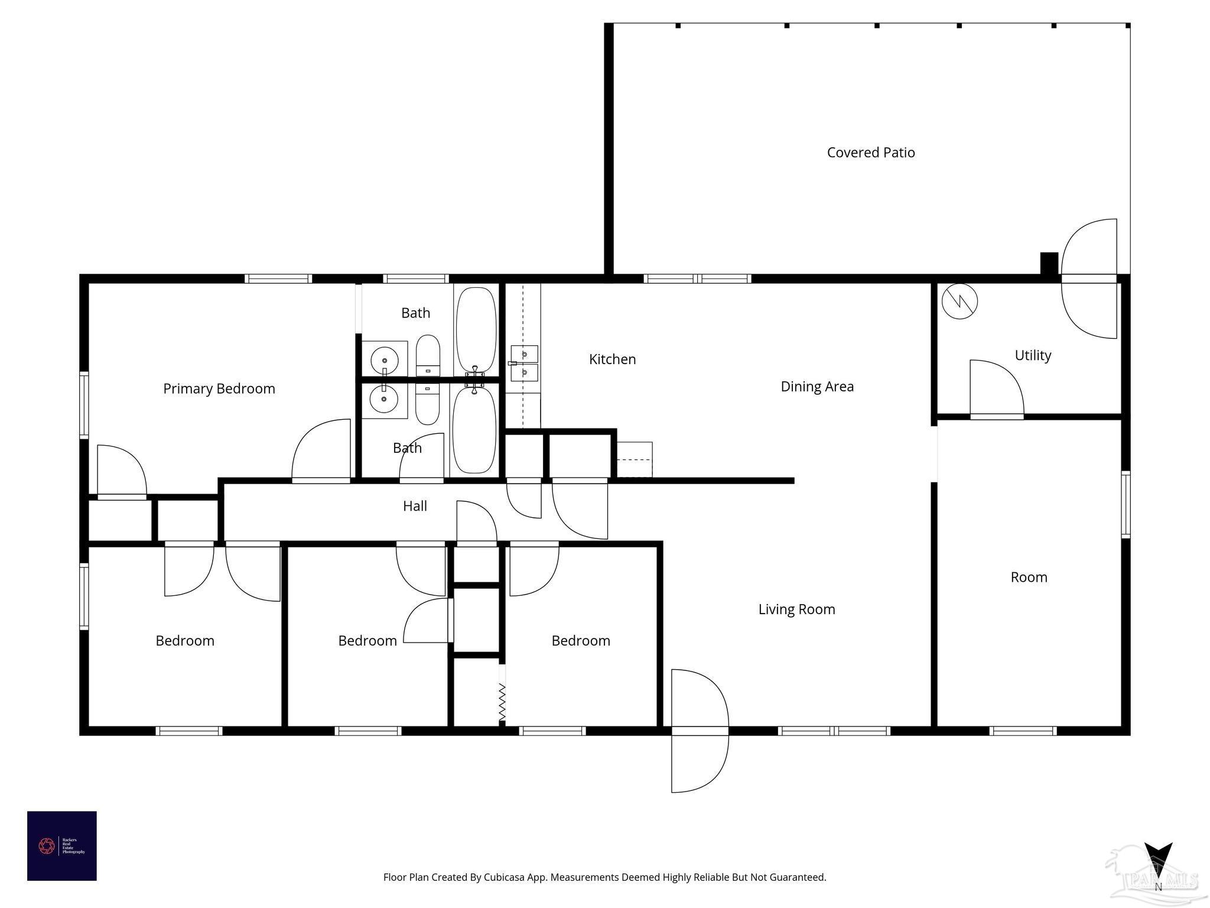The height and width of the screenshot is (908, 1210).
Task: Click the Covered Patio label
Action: (x=870, y=153)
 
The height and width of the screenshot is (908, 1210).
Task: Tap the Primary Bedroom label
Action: (x=219, y=388)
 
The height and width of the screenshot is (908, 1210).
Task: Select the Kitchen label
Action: (x=612, y=359)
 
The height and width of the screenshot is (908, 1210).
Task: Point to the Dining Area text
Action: (x=817, y=387)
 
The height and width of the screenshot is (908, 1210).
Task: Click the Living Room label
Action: (x=796, y=609)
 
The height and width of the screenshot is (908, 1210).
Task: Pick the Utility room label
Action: (x=1032, y=355)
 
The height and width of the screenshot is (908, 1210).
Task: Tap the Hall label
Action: (x=415, y=506)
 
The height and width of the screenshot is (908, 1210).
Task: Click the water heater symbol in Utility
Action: (x=959, y=301)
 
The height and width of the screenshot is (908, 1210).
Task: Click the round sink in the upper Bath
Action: (x=384, y=359)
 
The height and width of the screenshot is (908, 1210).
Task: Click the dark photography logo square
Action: (x=61, y=845)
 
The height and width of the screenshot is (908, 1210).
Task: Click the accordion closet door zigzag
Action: (x=502, y=702)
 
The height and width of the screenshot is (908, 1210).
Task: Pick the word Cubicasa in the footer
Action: (x=505, y=877)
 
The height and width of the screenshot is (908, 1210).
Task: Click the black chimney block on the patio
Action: (x=1049, y=263)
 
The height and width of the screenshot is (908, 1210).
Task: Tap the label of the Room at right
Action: (x=1029, y=578)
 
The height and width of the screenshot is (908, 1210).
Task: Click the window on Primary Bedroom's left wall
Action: (x=84, y=405)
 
